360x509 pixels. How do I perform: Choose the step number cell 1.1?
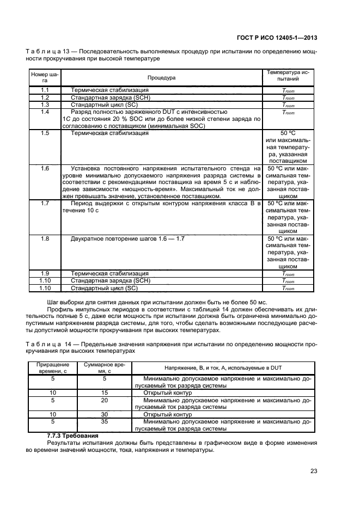pyautogui.click(x=45, y=90)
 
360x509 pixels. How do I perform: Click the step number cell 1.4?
pyautogui.click(x=45, y=111)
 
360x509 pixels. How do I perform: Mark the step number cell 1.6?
pyautogui.click(x=45, y=168)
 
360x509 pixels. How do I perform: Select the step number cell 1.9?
pyautogui.click(x=45, y=273)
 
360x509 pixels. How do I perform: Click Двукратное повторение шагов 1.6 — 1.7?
pyautogui.click(x=129, y=239)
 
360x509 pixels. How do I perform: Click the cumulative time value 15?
pyautogui.click(x=105, y=392)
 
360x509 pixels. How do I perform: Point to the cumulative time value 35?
pyautogui.click(x=105, y=421)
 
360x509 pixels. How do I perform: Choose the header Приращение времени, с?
pyautogui.click(x=53, y=368)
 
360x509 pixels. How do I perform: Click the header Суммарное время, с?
pyautogui.click(x=105, y=368)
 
